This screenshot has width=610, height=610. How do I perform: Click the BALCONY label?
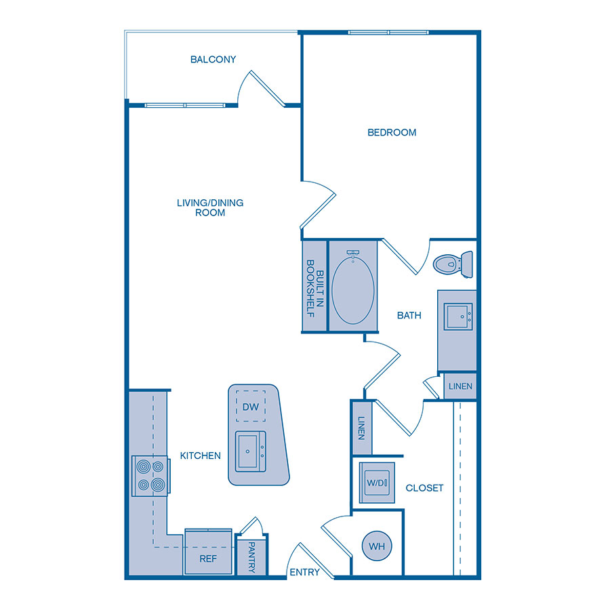213,60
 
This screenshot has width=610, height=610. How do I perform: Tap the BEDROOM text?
392,133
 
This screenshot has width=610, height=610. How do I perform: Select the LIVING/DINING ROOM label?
210,207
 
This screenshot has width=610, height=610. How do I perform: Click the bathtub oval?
352,287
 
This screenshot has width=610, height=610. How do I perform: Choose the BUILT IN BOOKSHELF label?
314,286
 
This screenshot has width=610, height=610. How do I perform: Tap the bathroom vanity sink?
457,317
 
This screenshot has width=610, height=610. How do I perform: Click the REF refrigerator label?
207,559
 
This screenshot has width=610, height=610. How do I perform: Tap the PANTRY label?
251,557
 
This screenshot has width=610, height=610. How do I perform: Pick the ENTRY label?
304,573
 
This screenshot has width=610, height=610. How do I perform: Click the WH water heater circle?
378,546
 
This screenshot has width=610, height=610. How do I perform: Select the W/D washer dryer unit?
376,483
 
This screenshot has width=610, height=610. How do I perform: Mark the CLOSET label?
424,488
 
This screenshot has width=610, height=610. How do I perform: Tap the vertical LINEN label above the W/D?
361,428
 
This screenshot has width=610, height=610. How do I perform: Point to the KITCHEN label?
200,455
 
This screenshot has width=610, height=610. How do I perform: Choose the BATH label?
409,315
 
